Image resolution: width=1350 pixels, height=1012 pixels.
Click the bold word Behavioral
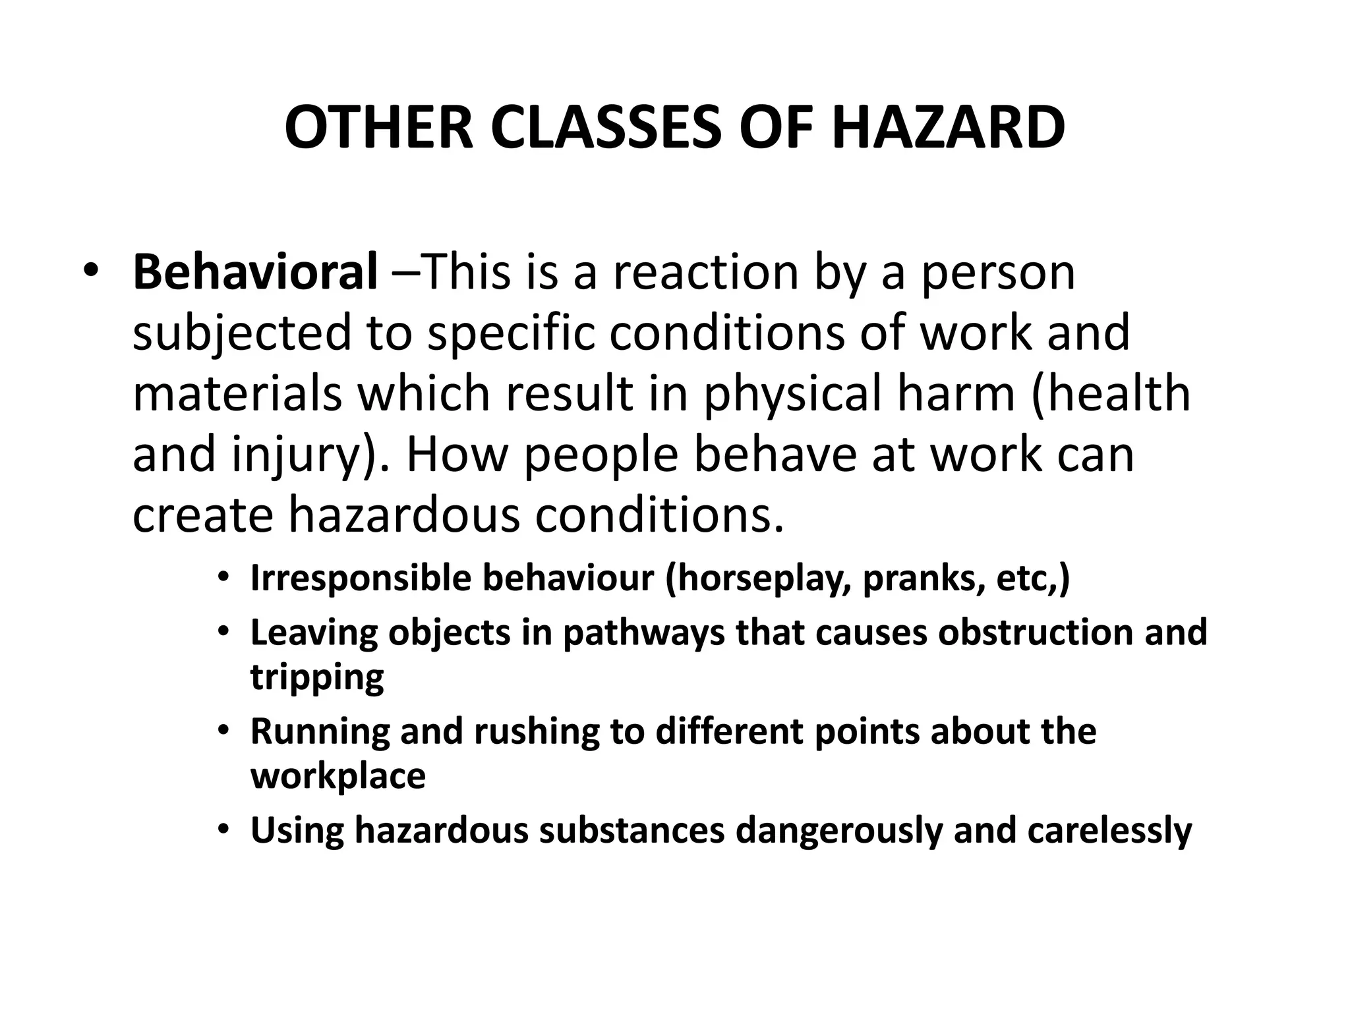[255, 271]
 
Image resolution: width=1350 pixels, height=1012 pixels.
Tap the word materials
[237, 393]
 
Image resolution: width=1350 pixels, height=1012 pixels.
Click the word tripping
[317, 677]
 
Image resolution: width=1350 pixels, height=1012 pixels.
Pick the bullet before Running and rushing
[224, 731]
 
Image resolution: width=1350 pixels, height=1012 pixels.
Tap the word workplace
[337, 776]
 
